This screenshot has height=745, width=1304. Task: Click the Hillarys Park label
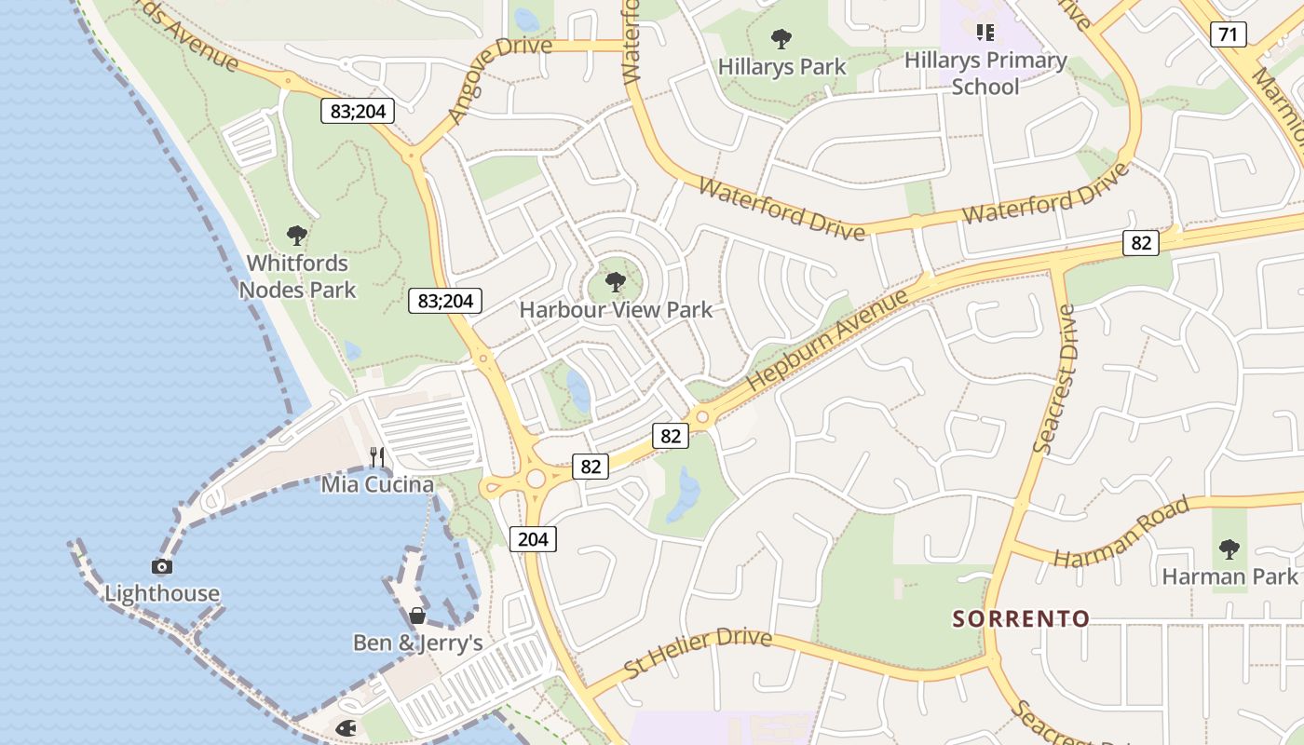click(x=781, y=66)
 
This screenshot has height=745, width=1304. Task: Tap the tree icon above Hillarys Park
click(x=781, y=39)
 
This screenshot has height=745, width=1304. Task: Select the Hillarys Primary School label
click(x=985, y=73)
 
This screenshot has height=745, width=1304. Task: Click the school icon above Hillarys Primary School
click(x=985, y=34)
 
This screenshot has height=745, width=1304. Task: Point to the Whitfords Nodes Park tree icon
click(x=297, y=236)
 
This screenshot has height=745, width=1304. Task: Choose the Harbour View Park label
click(x=616, y=309)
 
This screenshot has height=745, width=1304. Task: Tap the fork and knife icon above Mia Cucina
click(x=377, y=456)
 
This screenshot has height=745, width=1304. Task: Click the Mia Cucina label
click(x=377, y=484)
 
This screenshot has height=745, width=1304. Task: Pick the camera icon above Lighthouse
click(x=162, y=566)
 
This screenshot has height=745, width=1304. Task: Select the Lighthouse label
click(x=162, y=593)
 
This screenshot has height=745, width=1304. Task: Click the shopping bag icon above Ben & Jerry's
click(x=417, y=616)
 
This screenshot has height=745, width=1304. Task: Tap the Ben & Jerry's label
click(x=417, y=643)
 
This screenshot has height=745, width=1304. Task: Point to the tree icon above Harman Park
click(x=1229, y=549)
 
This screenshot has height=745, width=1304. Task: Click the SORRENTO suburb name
click(x=1021, y=618)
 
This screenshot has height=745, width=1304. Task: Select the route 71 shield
click(x=1229, y=35)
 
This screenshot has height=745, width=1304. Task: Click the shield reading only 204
click(x=533, y=538)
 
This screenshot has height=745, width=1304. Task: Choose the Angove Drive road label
click(x=499, y=78)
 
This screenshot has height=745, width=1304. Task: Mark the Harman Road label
click(x=1121, y=533)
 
